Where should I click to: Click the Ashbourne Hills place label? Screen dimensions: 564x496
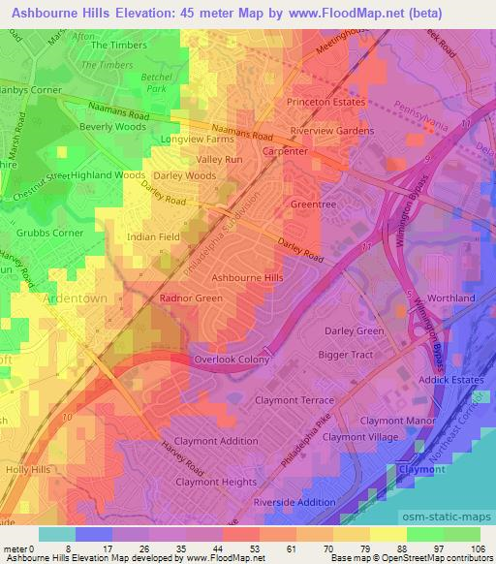247,277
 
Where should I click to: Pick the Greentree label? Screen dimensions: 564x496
314,205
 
